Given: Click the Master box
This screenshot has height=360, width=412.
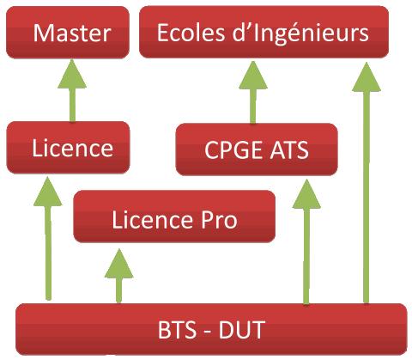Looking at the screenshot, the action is tap(68, 33).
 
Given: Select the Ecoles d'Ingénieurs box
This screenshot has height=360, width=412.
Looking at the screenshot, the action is tap(264, 32).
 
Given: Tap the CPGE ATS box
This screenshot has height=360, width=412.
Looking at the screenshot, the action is tap(257, 149).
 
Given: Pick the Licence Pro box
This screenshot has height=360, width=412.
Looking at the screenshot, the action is tap(174, 217).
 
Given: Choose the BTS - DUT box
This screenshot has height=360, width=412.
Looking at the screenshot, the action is tap(211, 329).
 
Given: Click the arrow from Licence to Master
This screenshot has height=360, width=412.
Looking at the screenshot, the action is tap(72, 90).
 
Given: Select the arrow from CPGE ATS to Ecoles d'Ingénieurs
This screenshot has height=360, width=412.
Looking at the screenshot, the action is tap(253, 92).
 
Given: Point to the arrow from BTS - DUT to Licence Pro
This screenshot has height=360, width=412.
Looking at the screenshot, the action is tap(118, 276).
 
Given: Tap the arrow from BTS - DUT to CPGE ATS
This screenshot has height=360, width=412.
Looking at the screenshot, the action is tap(306, 241).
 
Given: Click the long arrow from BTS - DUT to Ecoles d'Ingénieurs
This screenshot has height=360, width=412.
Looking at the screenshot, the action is tap(367, 182).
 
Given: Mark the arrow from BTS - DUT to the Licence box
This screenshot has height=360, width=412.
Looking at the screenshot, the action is tap(48, 238).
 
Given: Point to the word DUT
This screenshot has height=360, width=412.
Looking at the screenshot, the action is tap(242, 330).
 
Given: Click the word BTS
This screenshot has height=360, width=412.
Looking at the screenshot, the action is tap(178, 330).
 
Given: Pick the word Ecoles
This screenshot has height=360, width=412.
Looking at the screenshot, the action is tap(191, 33).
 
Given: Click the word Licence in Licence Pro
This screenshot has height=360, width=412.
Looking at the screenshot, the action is tap(153, 220).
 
